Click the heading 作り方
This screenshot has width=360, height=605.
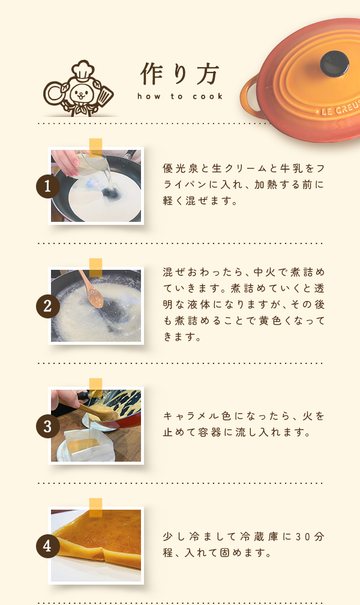click(x=180, y=74)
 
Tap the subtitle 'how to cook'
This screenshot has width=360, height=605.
click(x=180, y=97)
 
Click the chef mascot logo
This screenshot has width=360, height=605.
click(x=79, y=88)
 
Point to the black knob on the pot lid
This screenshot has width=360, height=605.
click(x=335, y=64)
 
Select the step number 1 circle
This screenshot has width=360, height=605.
click(x=48, y=186)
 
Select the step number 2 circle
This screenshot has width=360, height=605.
click(x=48, y=307)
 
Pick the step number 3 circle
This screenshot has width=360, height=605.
click(x=48, y=426)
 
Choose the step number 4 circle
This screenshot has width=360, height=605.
click(x=48, y=546)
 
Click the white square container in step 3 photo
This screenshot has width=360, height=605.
click(x=89, y=444)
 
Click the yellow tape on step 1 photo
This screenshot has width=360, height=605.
click(x=96, y=148)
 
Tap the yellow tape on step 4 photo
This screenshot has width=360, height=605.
click(x=96, y=507)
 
